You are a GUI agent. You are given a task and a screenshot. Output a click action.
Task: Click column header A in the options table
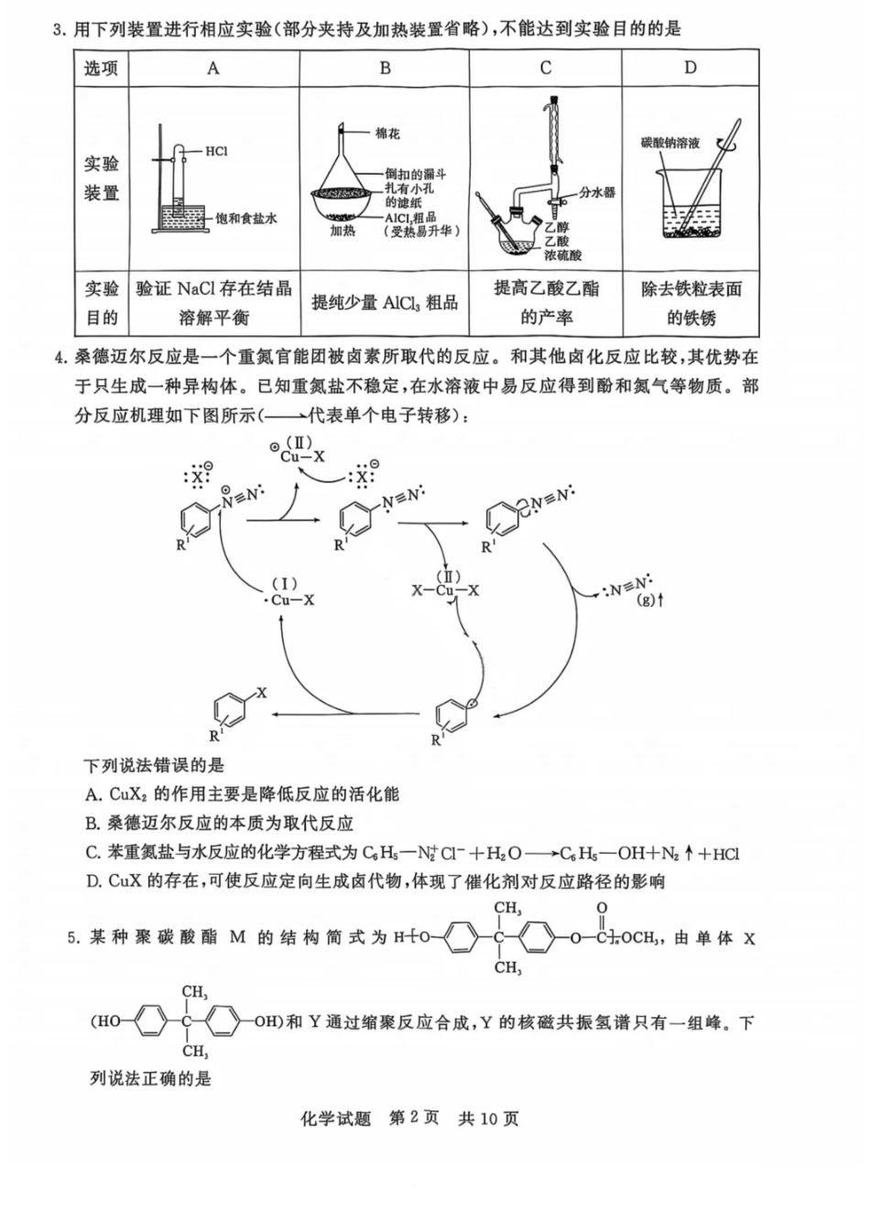pyautogui.click(x=213, y=68)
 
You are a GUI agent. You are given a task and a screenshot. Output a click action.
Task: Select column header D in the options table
pyautogui.click(x=690, y=68)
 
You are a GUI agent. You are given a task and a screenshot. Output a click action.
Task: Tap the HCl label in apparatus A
pyautogui.click(x=216, y=152)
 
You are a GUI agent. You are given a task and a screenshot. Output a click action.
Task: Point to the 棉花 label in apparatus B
pyautogui.click(x=387, y=134)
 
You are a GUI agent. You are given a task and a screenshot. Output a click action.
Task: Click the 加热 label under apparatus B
pyautogui.click(x=343, y=232)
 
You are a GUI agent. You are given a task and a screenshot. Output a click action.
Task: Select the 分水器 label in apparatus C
pyautogui.click(x=597, y=192)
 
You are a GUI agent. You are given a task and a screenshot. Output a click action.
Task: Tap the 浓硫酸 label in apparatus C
pyautogui.click(x=562, y=255)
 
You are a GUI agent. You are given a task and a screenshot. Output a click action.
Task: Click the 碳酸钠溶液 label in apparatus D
pyautogui.click(x=670, y=144)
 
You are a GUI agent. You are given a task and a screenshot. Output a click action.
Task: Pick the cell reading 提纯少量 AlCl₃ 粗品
pyautogui.click(x=385, y=303)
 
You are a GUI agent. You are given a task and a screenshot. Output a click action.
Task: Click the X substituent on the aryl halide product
pyautogui.click(x=262, y=693)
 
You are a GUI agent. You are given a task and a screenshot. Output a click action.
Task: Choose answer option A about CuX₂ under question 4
pyautogui.click(x=242, y=794)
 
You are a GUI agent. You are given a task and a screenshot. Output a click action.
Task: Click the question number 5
pyautogui.click(x=73, y=937)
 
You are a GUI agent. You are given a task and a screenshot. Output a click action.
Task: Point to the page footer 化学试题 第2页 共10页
pyautogui.click(x=408, y=1118)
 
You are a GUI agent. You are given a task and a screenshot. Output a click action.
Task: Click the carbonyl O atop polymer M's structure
pyautogui.click(x=602, y=910)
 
